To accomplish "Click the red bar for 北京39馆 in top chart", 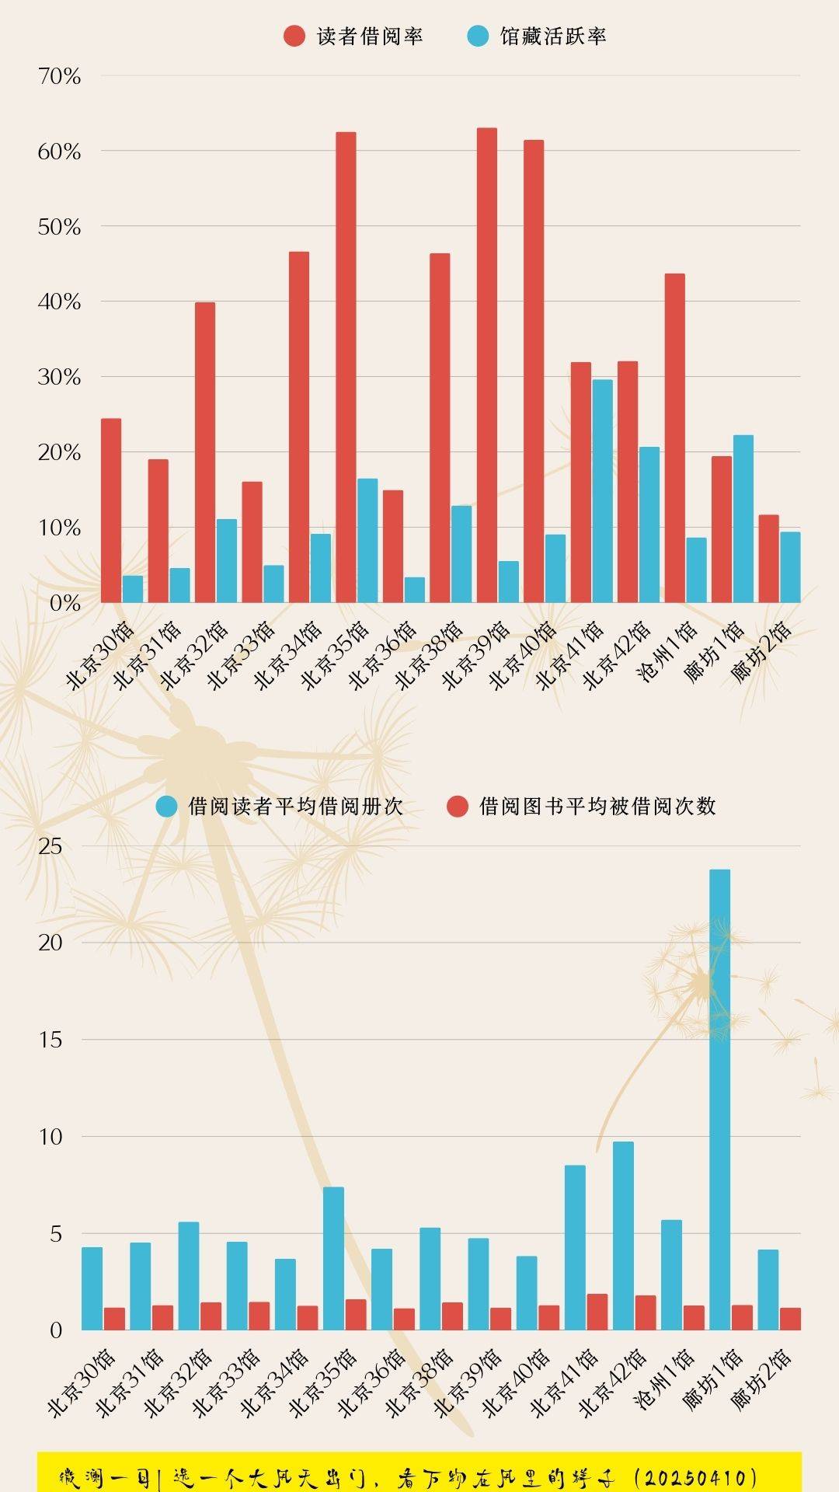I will (486, 365).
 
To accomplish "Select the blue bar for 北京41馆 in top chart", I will (602, 491).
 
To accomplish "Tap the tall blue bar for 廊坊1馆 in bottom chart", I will (719, 1100).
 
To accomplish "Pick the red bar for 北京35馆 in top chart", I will (346, 367).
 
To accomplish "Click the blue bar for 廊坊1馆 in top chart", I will (743, 519).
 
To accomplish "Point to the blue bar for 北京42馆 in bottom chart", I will (623, 1236).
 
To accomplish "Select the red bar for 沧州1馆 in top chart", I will (674, 437).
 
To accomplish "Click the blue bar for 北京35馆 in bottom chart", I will (333, 1258).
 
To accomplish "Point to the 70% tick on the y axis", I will (59, 76).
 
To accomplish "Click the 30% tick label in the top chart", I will (59, 377).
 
